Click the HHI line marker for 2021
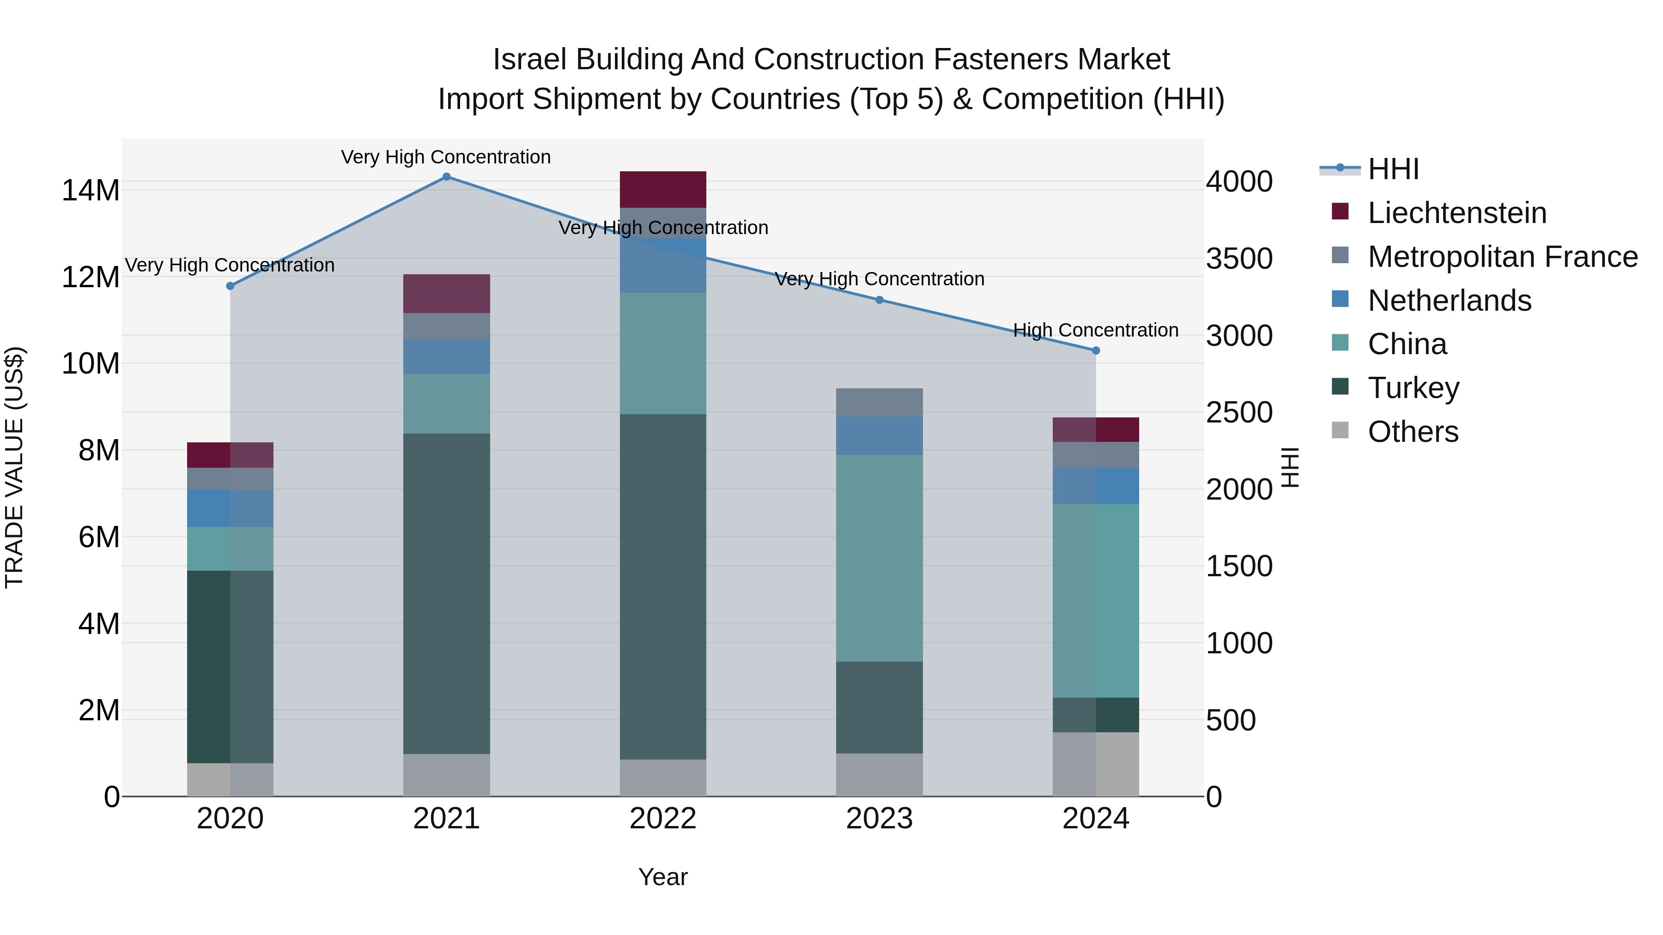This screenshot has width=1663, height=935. click(446, 177)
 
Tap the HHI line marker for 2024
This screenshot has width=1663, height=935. click(1096, 350)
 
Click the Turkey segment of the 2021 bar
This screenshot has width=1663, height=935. click(446, 594)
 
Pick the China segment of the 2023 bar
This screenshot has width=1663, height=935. click(879, 558)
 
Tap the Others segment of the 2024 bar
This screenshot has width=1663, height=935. click(1096, 764)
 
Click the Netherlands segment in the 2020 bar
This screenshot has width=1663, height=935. click(230, 508)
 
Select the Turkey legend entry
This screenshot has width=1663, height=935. click(1413, 388)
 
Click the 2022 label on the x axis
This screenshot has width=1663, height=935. click(662, 819)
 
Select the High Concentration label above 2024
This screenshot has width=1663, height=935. click(1096, 331)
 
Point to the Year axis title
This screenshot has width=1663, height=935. click(662, 877)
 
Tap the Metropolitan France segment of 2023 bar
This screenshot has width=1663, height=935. click(879, 403)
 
